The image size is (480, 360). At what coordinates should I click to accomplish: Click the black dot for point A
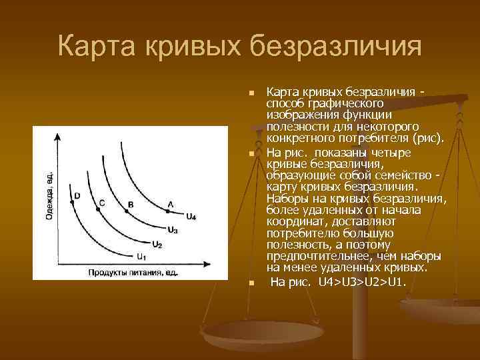click(x=168, y=212)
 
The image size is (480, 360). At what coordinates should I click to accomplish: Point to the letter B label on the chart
click(x=130, y=203)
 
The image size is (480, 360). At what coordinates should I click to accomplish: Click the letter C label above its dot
click(x=101, y=201)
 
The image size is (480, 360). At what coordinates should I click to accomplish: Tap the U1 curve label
click(x=141, y=257)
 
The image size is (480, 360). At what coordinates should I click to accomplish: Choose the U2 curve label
click(x=157, y=245)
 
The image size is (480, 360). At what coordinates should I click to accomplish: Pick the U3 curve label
click(x=173, y=230)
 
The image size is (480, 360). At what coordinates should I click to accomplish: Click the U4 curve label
click(x=191, y=217)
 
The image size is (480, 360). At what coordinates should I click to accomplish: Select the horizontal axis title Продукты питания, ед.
click(x=133, y=272)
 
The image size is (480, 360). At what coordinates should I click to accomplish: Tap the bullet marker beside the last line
click(x=251, y=283)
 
